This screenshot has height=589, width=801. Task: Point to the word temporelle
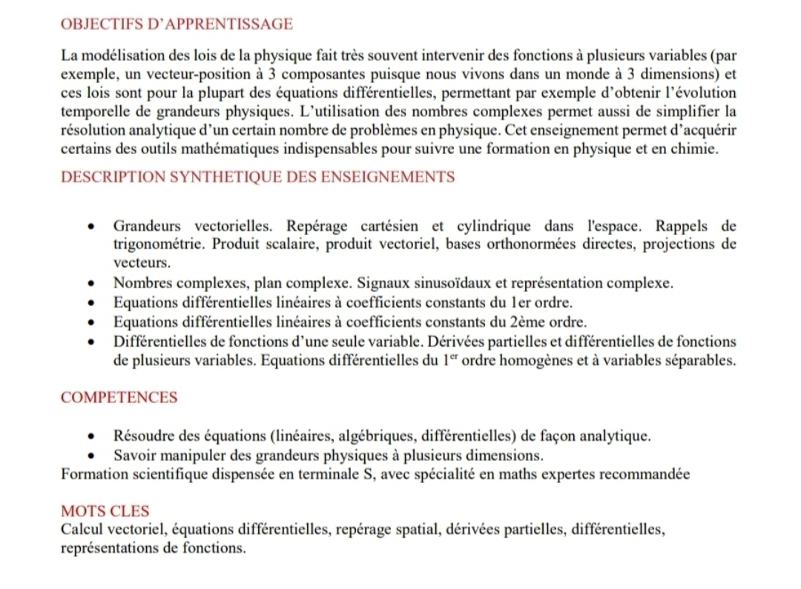[x=94, y=112]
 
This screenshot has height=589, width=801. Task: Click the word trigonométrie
[x=158, y=244]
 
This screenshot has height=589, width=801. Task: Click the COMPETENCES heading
[x=119, y=397]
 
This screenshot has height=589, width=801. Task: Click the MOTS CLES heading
[x=105, y=511]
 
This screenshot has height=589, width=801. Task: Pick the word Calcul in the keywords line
[x=83, y=530]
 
